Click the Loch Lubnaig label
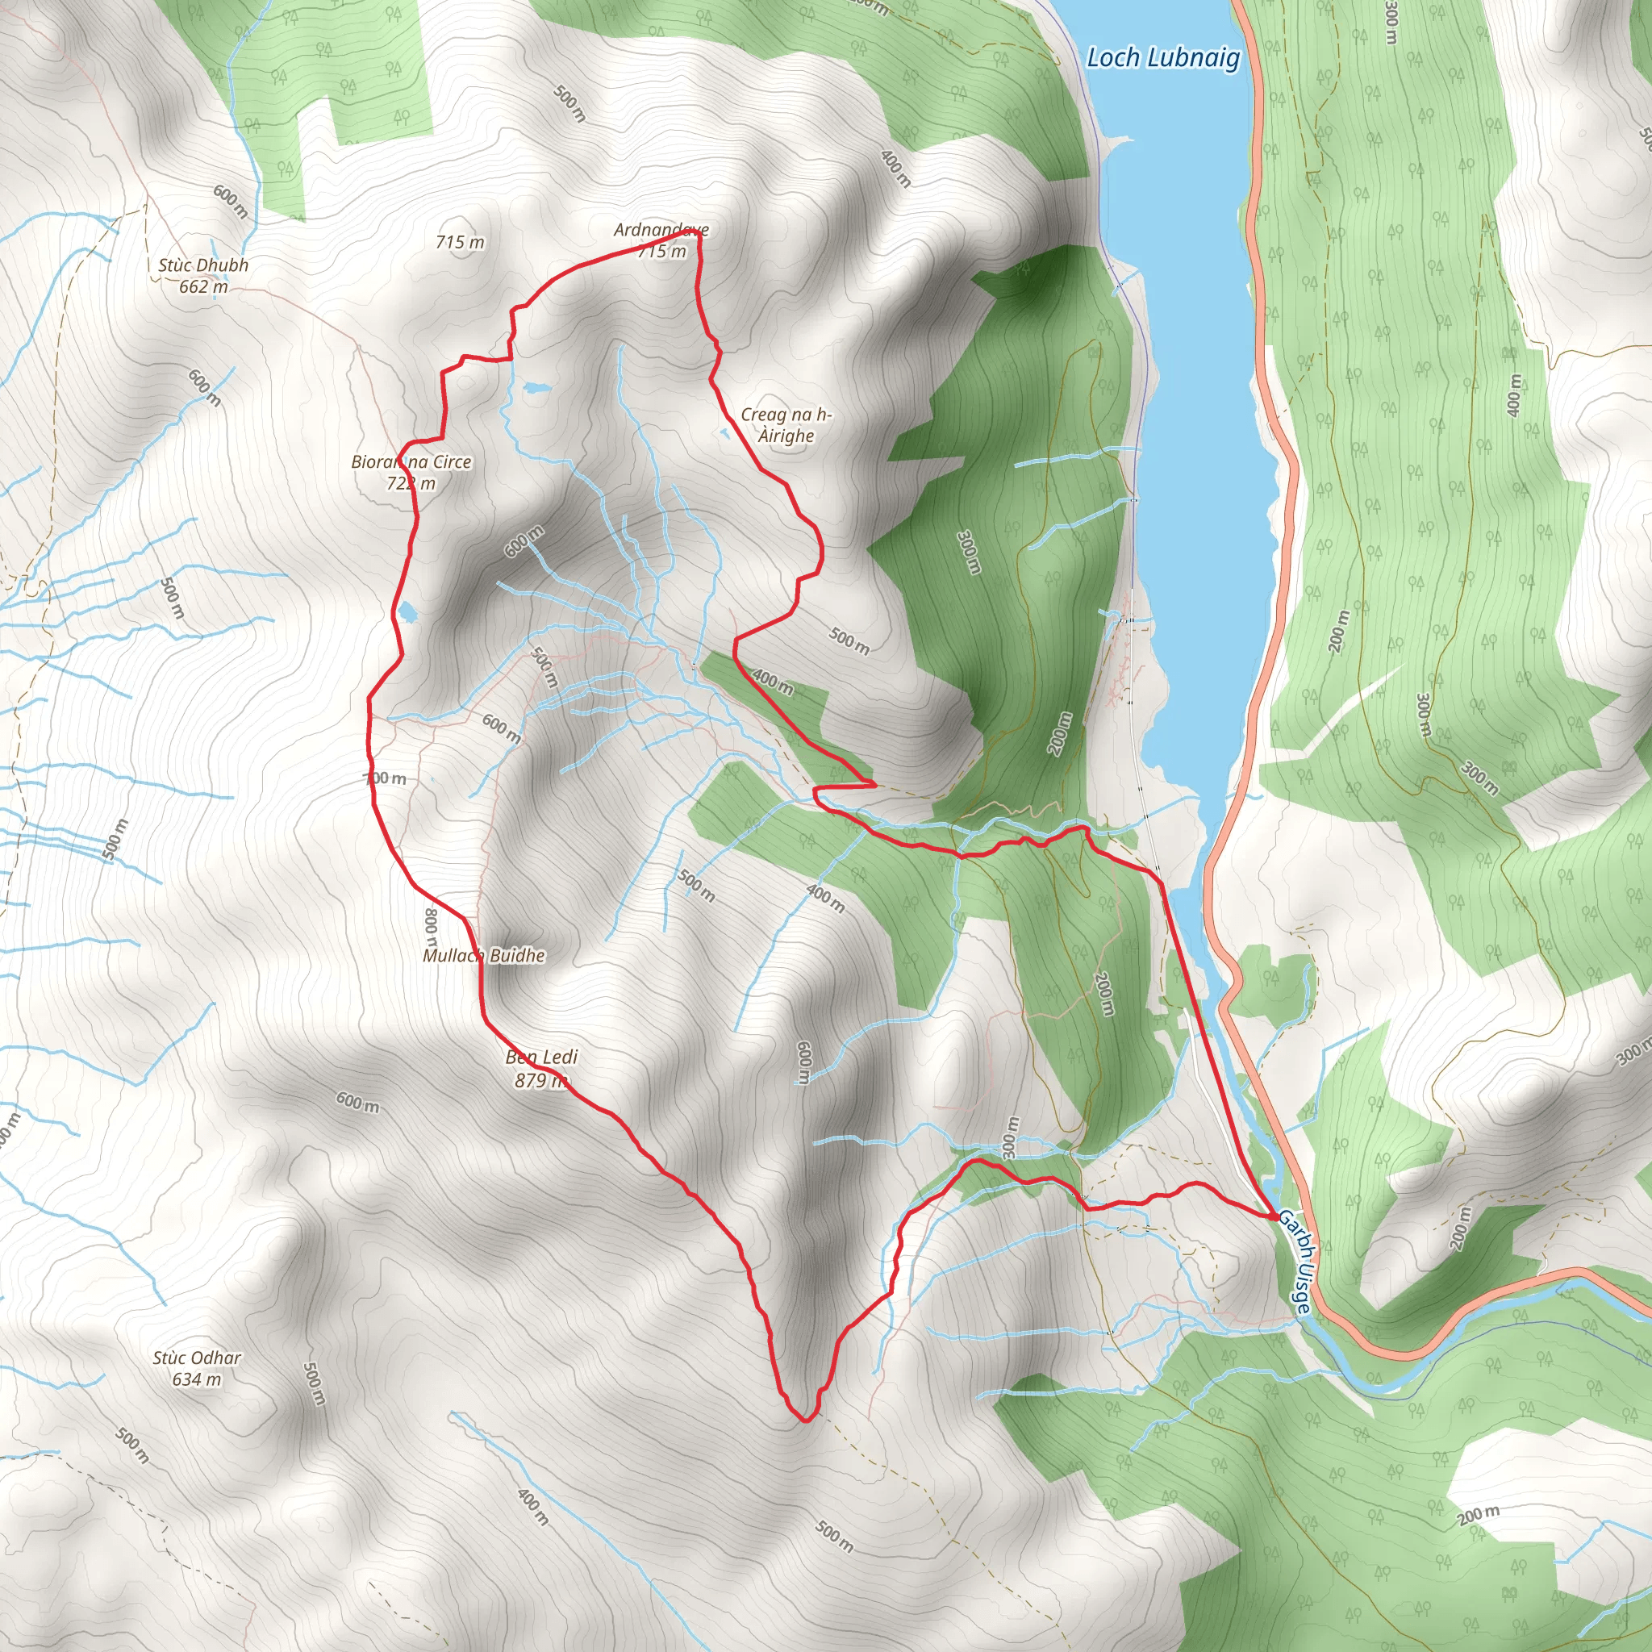click(1162, 58)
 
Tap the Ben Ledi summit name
click(541, 1058)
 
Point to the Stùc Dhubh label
click(203, 265)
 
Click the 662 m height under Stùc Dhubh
click(203, 286)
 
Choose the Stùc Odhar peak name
click(197, 1358)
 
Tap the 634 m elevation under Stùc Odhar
click(197, 1379)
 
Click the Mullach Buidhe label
click(484, 955)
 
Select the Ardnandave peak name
click(661, 230)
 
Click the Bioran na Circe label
click(411, 461)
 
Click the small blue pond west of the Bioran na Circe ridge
click(407, 611)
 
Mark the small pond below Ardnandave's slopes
click(536, 388)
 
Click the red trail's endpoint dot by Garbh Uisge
click(1273, 1215)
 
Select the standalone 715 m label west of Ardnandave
click(460, 242)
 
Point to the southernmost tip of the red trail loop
click(804, 1420)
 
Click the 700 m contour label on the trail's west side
click(386, 778)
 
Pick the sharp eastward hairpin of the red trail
click(874, 782)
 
